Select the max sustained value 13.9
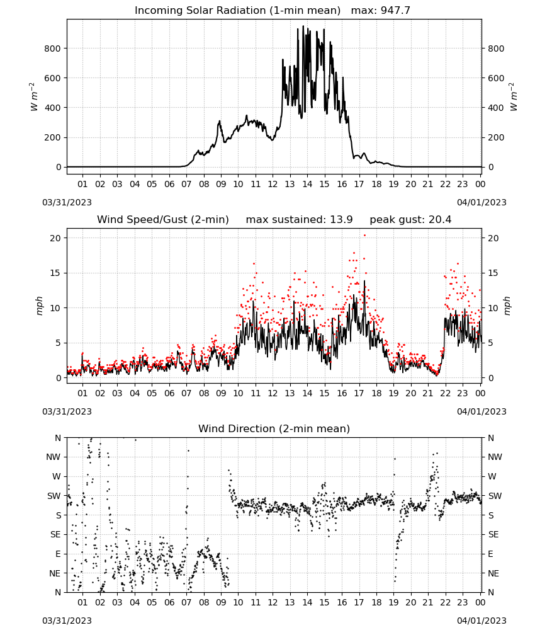point(341,220)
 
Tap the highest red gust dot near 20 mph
point(364,236)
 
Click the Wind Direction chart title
point(274,428)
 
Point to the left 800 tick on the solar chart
point(53,49)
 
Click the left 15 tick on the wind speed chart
point(55,273)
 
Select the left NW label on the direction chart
point(53,457)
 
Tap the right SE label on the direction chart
point(493,535)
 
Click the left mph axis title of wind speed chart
point(39,306)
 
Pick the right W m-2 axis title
point(514,97)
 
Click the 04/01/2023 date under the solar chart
point(481,202)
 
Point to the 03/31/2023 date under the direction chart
point(67,621)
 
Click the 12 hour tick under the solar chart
point(273,184)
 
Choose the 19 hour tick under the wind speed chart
point(394,393)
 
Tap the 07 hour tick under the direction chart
point(186,603)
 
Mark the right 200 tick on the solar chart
point(496,137)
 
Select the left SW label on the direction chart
point(53,496)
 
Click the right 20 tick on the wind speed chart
point(493,238)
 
